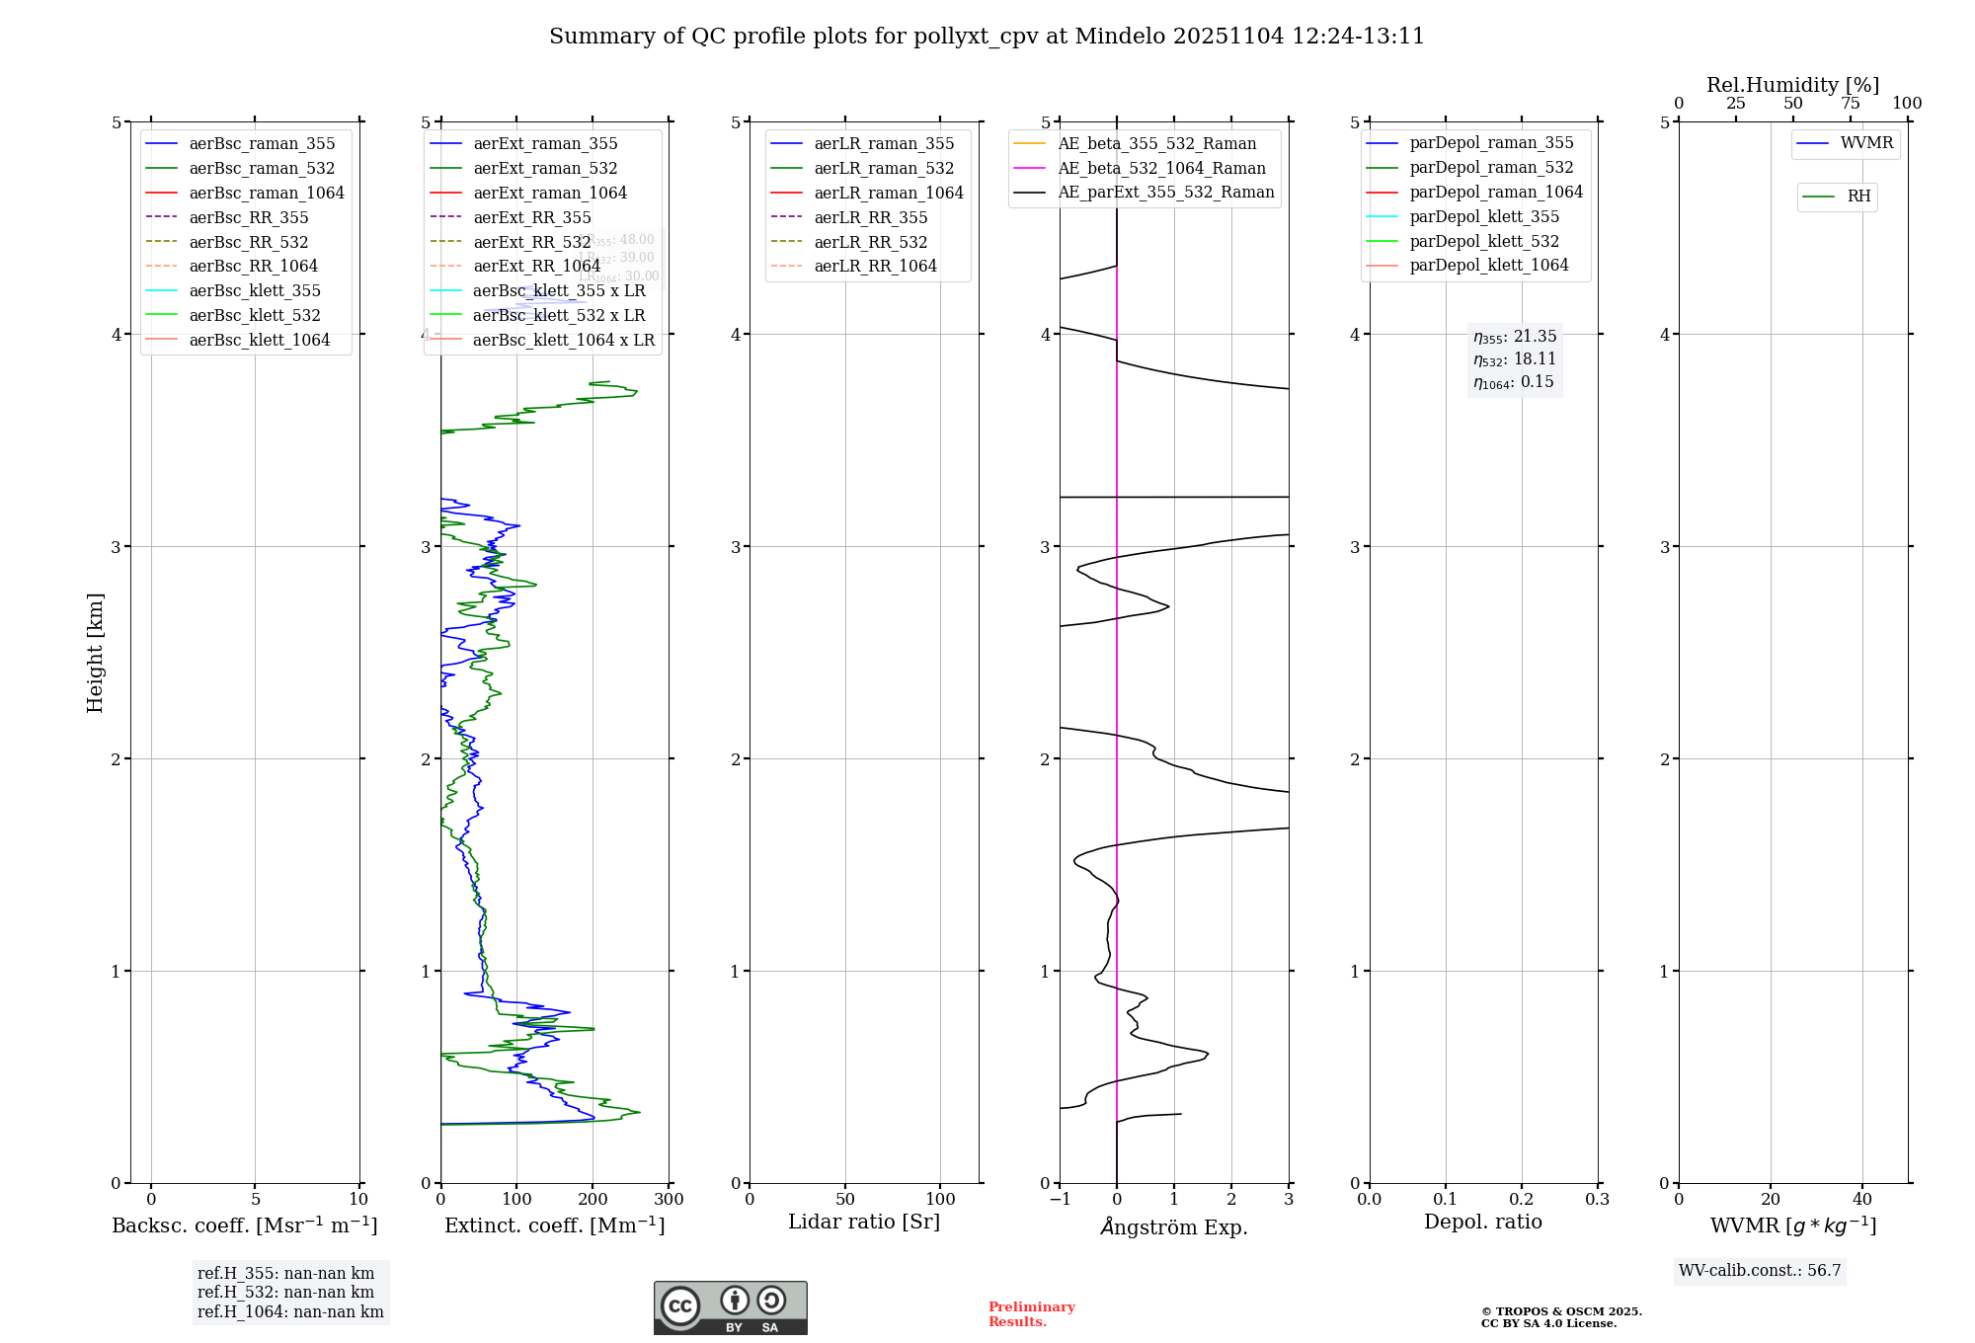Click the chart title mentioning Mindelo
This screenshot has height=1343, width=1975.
(987, 37)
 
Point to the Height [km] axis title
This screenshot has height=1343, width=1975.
(95, 652)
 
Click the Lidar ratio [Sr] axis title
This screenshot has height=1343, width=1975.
(864, 1222)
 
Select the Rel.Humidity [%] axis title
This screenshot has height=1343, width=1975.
(1792, 85)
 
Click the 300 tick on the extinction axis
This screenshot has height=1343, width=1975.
(669, 1200)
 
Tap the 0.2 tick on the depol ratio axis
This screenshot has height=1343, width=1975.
(1522, 1200)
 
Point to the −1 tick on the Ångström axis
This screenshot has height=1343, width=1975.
(1060, 1200)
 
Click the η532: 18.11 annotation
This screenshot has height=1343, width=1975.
(1515, 359)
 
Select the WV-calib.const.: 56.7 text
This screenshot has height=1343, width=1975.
(1760, 1271)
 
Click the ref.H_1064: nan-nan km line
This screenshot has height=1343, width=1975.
(290, 1312)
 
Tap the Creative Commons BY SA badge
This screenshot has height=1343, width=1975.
(730, 1307)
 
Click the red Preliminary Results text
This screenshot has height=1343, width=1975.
(1031, 1314)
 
